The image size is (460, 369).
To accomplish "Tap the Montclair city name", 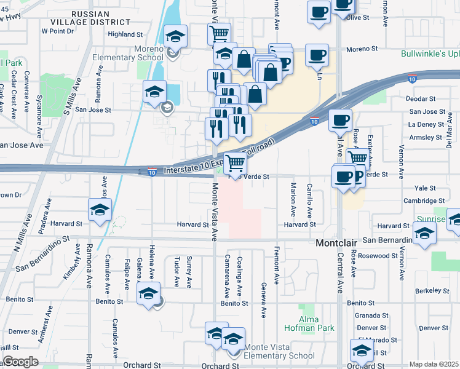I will (336, 244).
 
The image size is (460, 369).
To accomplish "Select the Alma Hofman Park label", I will (309, 323).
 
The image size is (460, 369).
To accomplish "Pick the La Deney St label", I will (421, 124).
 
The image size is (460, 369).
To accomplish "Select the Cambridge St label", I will (424, 200).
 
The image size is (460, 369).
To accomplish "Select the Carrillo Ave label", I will (309, 200).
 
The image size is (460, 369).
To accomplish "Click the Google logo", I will (20, 362).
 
